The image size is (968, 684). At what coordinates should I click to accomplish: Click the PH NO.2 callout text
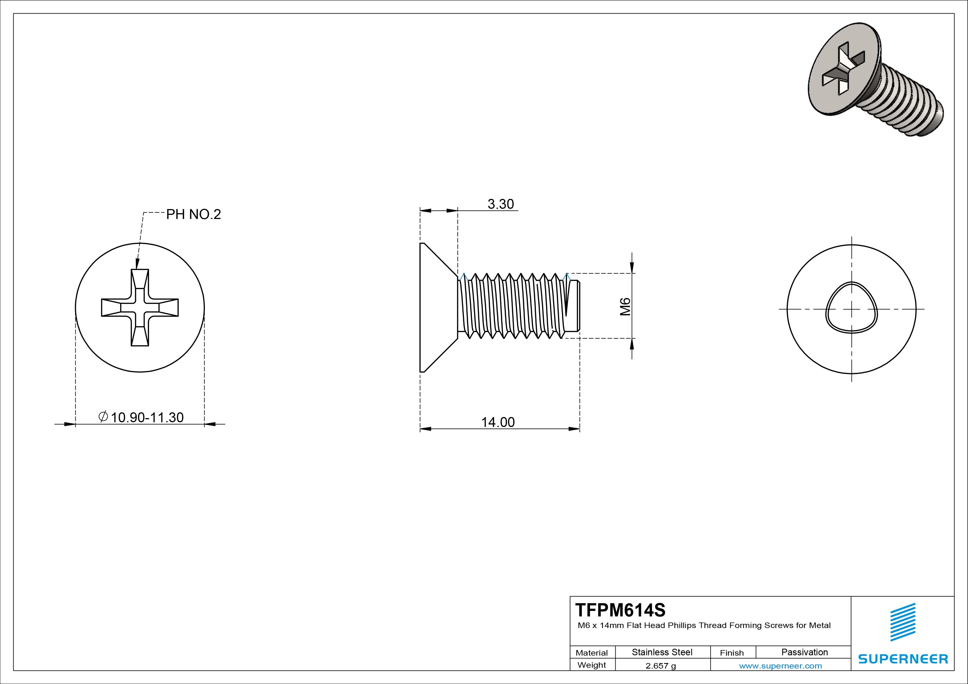[x=193, y=215]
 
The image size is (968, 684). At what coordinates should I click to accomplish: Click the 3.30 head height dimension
[x=501, y=204]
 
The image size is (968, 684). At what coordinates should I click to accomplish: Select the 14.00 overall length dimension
[x=498, y=422]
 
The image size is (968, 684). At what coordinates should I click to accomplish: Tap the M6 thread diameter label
[x=625, y=306]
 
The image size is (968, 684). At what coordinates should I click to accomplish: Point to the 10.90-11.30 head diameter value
[x=147, y=418]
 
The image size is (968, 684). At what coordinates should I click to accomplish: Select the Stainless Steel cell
[x=662, y=652]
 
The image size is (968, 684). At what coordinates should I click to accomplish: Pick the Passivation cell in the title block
[x=804, y=652]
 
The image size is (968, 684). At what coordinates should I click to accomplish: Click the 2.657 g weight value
[x=661, y=666]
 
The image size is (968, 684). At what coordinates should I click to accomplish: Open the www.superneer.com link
[x=780, y=666]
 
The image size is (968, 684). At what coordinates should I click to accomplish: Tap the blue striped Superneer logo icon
[x=903, y=622]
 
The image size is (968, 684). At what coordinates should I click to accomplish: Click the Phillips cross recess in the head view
[x=140, y=308]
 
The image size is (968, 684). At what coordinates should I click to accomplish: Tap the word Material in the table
[x=592, y=653]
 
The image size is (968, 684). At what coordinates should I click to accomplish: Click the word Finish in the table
[x=732, y=653]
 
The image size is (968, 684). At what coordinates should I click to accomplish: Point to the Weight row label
[x=592, y=665]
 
